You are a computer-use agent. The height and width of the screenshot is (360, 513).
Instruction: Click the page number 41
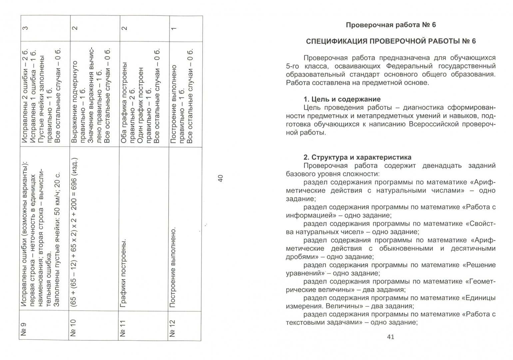coord(391,337)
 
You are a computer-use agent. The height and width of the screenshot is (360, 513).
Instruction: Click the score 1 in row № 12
coord(173,28)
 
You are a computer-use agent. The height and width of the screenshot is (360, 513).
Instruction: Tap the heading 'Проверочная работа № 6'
coord(391,25)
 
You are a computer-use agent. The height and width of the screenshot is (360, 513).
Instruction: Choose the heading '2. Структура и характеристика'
coord(357,157)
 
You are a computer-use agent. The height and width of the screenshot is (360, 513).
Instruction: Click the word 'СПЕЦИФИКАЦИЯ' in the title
coord(334,41)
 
